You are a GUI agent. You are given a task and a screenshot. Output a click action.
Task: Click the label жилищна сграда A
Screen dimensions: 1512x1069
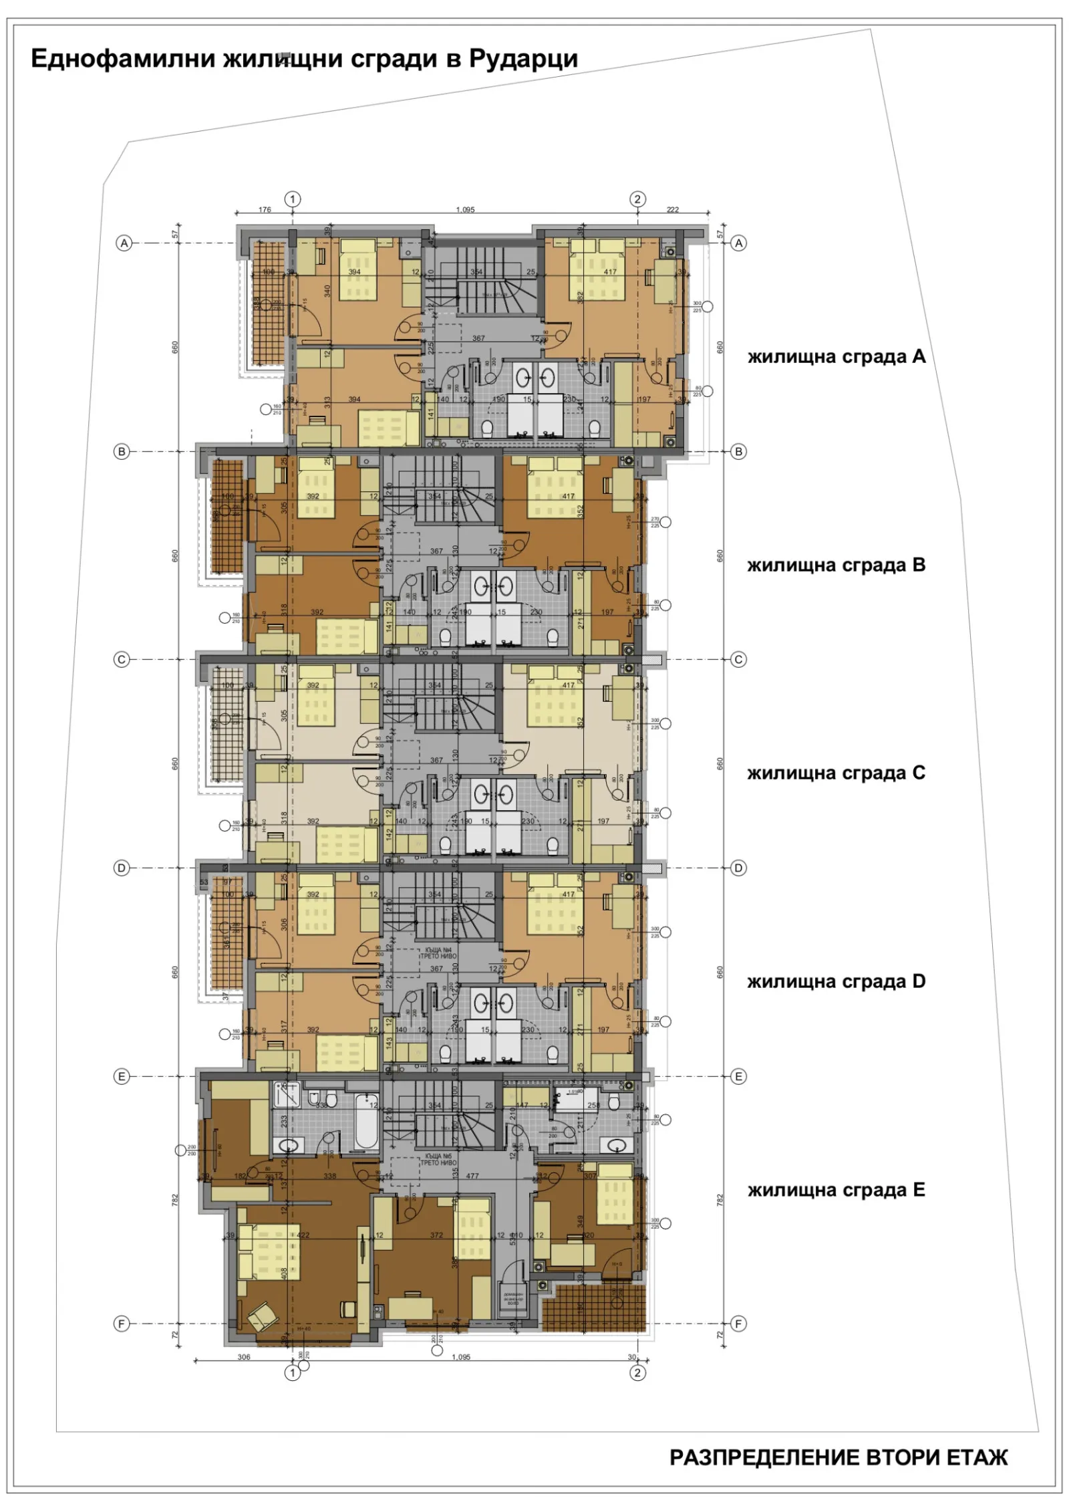[836, 357]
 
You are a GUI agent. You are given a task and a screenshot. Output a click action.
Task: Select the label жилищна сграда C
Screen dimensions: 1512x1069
[836, 773]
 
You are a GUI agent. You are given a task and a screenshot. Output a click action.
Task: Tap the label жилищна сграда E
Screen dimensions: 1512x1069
[836, 1190]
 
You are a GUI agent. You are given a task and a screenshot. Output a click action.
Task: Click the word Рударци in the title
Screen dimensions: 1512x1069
[522, 59]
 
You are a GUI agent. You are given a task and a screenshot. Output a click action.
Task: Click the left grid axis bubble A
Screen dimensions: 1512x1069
[124, 243]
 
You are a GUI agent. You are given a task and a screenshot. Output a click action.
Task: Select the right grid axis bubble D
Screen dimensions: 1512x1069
[738, 868]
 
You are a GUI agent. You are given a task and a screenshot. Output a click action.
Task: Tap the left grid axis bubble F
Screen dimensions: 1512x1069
[121, 1324]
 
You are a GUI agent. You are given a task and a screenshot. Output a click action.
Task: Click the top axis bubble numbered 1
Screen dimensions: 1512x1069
[293, 199]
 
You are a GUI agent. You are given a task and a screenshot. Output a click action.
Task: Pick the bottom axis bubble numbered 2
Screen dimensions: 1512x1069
[637, 1372]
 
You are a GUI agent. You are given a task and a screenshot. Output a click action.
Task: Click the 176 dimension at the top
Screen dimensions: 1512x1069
[265, 209]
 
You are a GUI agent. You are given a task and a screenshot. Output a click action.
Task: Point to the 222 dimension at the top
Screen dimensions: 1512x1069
[672, 209]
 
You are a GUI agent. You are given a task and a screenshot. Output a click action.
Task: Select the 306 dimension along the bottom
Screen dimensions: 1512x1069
[244, 1357]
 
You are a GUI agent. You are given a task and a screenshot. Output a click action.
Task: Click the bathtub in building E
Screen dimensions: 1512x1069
[366, 1121]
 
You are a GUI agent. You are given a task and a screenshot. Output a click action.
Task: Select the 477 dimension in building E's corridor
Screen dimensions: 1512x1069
[472, 1176]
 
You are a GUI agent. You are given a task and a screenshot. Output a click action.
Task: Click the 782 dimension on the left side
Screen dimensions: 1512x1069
[175, 1200]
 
